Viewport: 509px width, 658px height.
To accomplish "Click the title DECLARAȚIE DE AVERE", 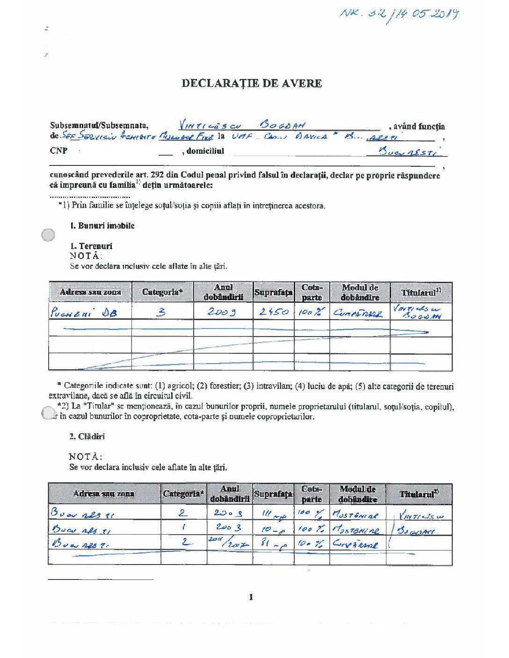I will point(252,84).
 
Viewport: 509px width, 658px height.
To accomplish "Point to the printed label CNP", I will point(58,150).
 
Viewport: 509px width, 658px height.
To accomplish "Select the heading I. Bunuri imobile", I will point(102,226).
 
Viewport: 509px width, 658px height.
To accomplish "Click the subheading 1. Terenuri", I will point(91,246).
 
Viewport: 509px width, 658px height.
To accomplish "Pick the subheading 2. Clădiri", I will point(87,436).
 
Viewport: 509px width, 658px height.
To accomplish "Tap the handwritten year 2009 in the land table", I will point(222,312).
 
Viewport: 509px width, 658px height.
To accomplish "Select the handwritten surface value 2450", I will point(274,311).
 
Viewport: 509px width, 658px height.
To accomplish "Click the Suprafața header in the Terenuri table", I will point(273,293).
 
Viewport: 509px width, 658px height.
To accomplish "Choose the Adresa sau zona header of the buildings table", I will point(103,493).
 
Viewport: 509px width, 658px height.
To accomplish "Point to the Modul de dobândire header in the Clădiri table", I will point(357,494).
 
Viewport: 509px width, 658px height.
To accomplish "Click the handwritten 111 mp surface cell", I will point(273,514).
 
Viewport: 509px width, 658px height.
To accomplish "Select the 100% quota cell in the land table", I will point(311,312).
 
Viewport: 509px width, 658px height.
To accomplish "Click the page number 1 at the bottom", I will point(251,597).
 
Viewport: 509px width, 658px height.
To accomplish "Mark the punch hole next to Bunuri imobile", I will point(48,235).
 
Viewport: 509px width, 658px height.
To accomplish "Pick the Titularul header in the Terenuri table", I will point(421,293).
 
